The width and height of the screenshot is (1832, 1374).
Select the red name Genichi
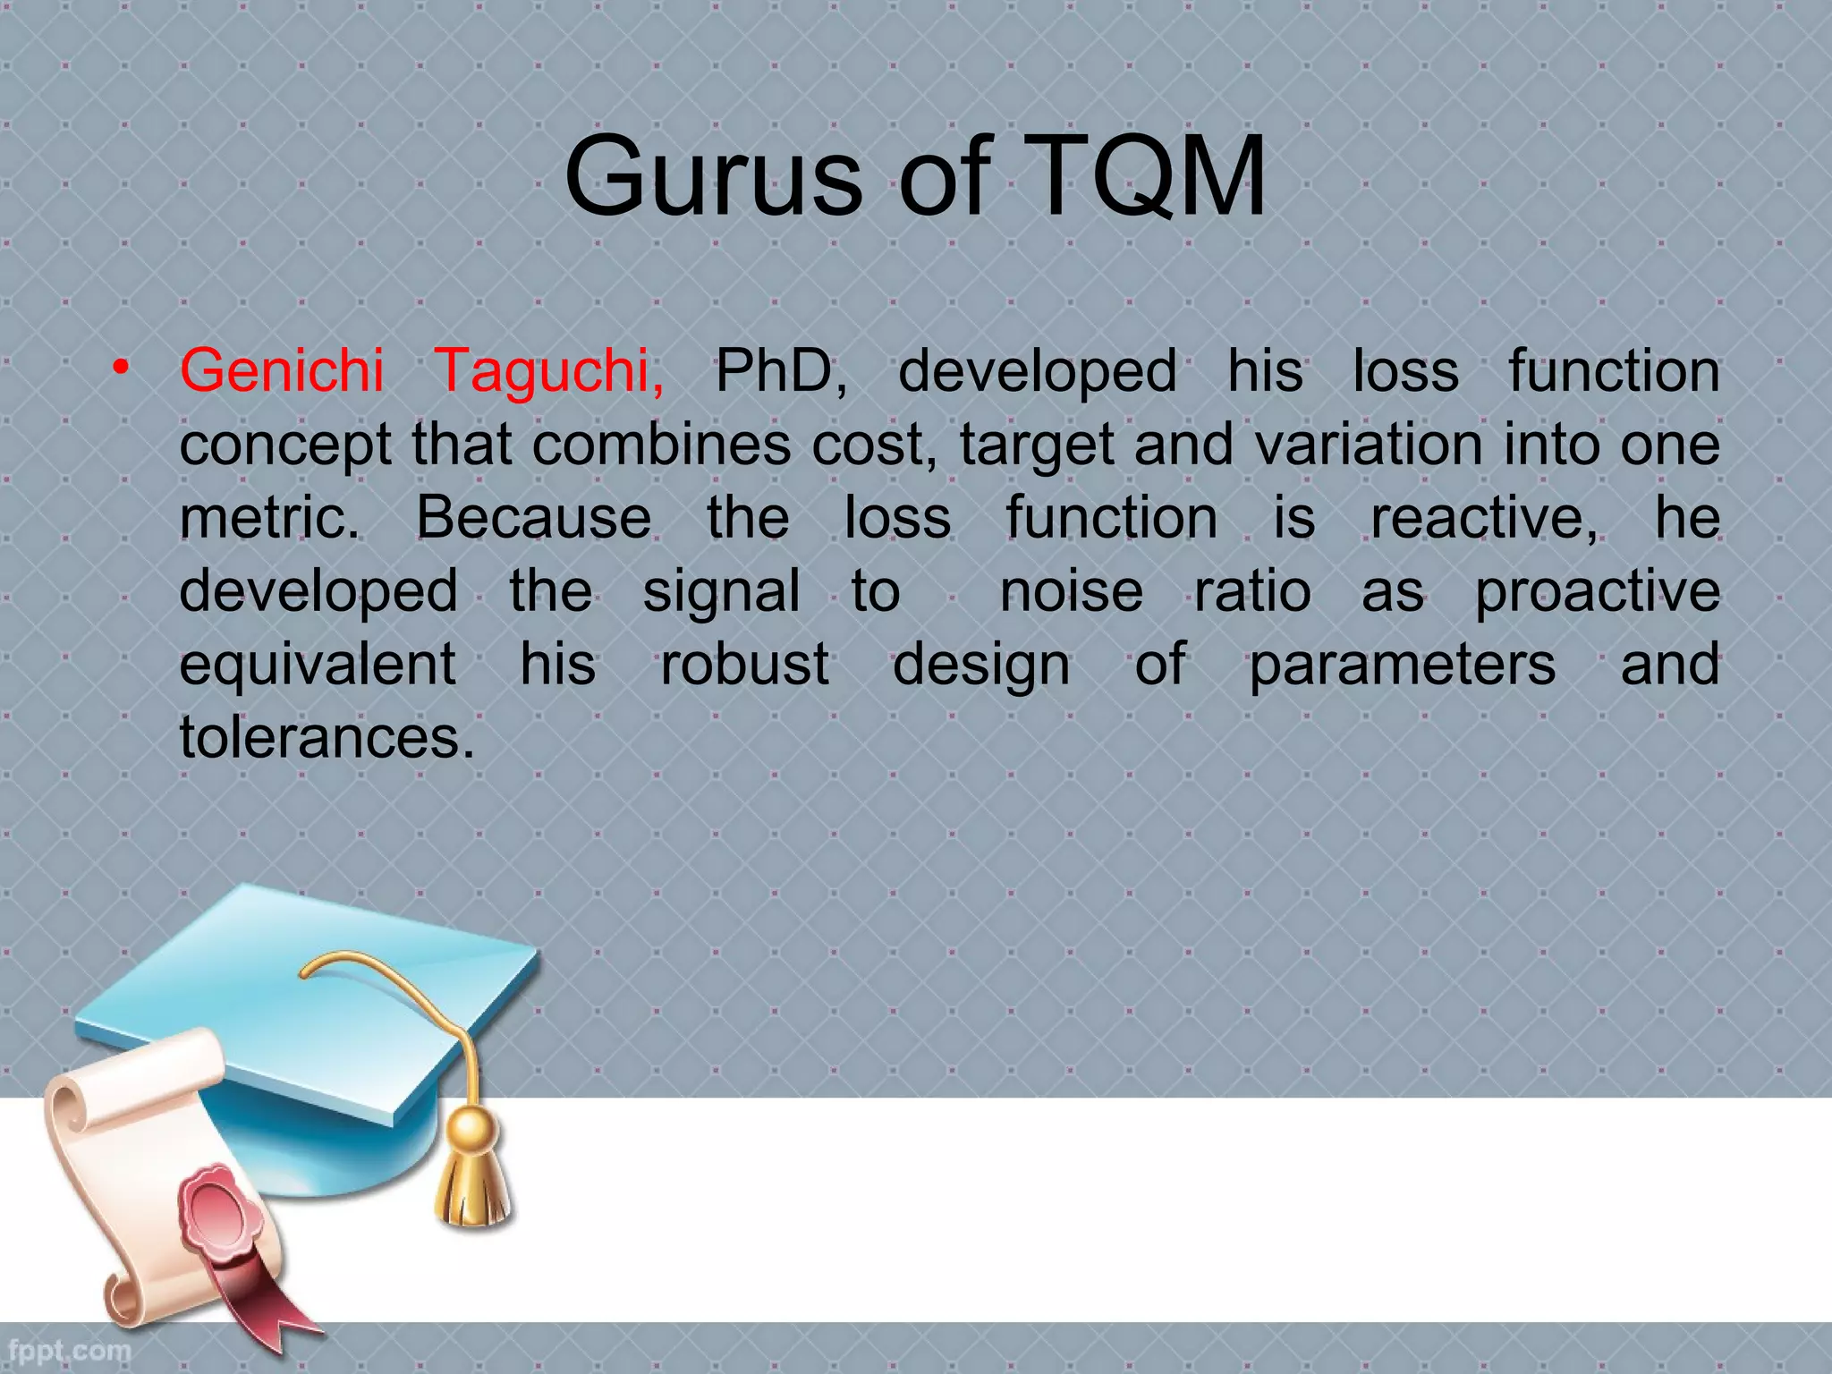(282, 370)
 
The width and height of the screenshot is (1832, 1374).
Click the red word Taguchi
(547, 370)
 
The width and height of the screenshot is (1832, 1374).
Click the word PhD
(780, 370)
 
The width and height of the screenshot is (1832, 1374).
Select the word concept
(285, 445)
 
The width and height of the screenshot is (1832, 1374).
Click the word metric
(268, 517)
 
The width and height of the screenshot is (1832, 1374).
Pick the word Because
(533, 517)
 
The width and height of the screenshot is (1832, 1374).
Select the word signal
(721, 591)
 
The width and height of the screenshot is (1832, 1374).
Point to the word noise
(1071, 591)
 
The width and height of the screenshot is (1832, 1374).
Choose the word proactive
(1597, 591)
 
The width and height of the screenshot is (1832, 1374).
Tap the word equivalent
(318, 665)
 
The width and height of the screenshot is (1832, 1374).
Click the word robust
(744, 665)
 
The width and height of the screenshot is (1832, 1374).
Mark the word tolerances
(327, 737)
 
